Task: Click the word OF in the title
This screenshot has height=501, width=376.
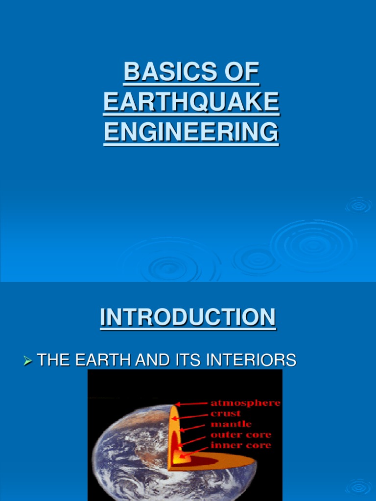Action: click(241, 72)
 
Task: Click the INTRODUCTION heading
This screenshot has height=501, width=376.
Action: click(188, 317)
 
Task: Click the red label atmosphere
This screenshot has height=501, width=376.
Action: click(245, 403)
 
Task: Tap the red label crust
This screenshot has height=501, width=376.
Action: click(225, 413)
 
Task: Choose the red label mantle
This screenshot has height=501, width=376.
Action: click(231, 424)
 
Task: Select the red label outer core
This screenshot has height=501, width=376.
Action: click(240, 434)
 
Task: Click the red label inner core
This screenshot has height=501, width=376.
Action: click(240, 445)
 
